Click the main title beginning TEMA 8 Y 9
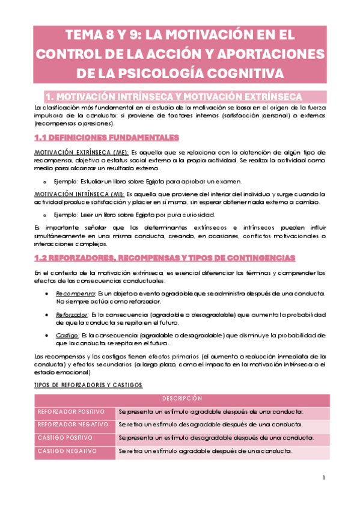[x=180, y=53]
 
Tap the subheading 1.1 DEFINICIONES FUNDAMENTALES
[x=106, y=138]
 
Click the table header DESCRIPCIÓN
[x=182, y=399]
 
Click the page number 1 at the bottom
[x=323, y=478]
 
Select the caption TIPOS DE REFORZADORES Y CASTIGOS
[x=88, y=384]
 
